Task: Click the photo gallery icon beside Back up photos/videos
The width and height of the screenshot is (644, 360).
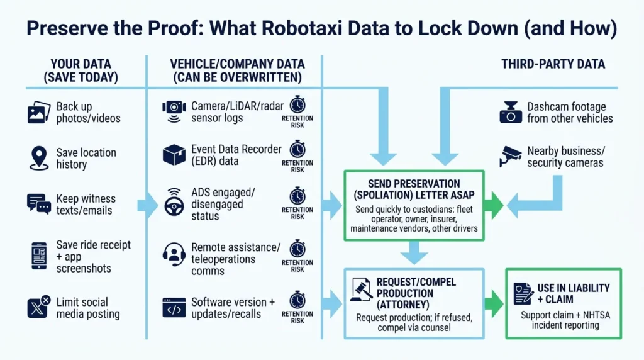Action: click(x=38, y=113)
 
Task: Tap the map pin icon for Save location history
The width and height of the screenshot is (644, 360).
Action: click(x=38, y=157)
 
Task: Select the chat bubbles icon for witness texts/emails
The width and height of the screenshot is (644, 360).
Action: click(x=38, y=203)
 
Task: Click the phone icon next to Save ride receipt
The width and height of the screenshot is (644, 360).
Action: click(x=38, y=256)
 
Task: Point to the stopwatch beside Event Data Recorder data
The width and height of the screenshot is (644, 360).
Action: click(x=297, y=149)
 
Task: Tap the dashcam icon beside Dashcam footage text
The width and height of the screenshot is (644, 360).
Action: click(x=511, y=113)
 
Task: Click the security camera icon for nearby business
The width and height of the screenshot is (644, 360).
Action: click(x=510, y=156)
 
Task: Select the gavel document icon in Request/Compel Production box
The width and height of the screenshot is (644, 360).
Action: click(x=360, y=291)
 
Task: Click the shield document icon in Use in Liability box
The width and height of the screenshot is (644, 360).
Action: click(x=522, y=293)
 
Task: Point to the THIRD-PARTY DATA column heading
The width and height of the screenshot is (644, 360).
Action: click(x=553, y=64)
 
